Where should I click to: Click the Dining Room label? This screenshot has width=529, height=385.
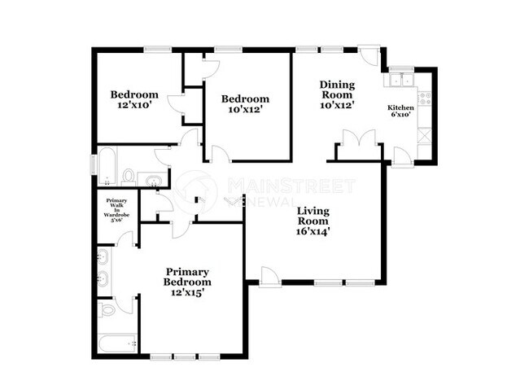point(337,94)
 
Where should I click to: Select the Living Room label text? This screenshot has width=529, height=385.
point(313,221)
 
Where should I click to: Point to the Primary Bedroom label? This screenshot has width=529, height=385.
point(188,282)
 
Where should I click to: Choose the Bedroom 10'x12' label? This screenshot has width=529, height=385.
point(246,104)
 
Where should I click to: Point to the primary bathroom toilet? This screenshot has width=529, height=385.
point(107,310)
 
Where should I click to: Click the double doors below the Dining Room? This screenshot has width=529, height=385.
point(357,139)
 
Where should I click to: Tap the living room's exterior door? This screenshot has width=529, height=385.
point(271,277)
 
